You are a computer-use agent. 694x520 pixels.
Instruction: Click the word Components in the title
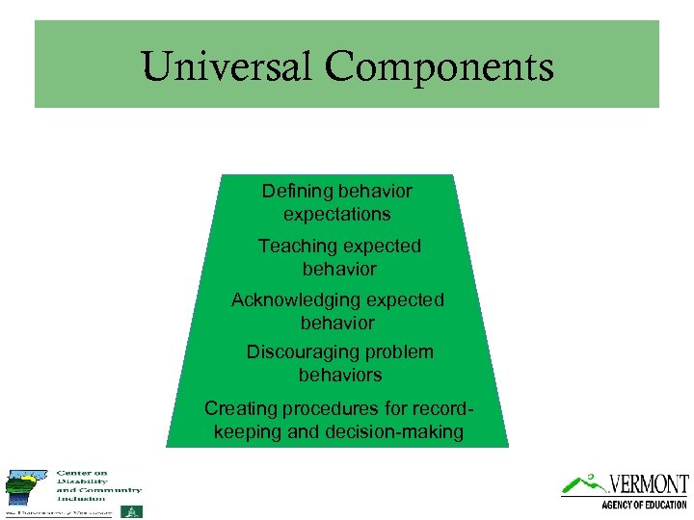[x=439, y=66]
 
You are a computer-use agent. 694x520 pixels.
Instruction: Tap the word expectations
[x=337, y=214]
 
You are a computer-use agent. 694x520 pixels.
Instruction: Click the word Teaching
[x=297, y=246]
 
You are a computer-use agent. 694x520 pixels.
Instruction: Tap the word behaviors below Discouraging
[x=340, y=375]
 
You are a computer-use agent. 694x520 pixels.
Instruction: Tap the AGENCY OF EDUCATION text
[x=645, y=505]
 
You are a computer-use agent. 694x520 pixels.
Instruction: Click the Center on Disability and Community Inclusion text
[x=98, y=485]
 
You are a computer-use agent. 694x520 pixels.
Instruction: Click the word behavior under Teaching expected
[x=338, y=269]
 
